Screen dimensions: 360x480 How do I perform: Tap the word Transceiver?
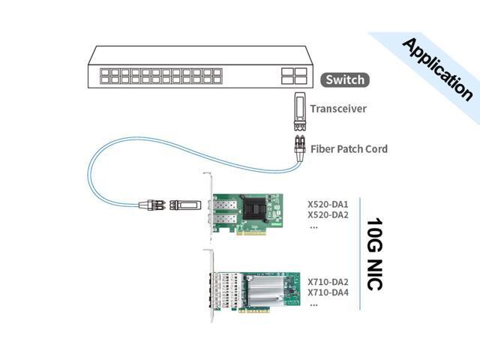pos(338,109)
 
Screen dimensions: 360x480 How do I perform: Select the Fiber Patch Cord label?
pos(349,149)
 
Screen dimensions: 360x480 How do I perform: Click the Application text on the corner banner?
pos(437,69)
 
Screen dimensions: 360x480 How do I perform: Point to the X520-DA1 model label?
pos(328,202)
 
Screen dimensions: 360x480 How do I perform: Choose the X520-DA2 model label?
pos(328,214)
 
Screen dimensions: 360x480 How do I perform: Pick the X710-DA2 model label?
pos(328,281)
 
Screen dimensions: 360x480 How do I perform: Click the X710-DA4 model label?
pos(328,292)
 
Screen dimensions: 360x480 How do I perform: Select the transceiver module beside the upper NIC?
pos(182,203)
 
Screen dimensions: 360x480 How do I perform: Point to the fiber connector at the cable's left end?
pos(152,203)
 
